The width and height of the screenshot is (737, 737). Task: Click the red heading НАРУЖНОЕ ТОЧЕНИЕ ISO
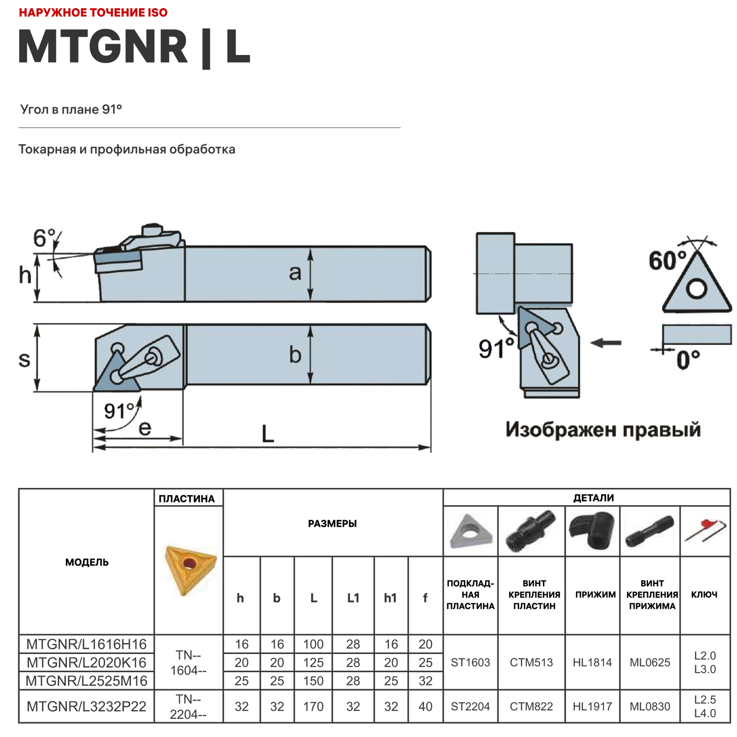click(93, 13)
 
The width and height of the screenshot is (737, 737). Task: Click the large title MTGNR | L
click(134, 47)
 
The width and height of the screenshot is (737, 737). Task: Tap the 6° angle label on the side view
click(44, 238)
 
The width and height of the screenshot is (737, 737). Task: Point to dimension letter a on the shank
click(295, 272)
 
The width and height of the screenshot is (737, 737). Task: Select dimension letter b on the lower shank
click(295, 354)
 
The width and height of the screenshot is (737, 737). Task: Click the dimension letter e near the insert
click(145, 428)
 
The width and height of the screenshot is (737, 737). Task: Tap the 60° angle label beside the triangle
click(667, 260)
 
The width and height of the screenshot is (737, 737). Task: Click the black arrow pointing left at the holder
click(606, 343)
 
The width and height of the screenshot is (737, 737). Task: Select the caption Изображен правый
click(603, 429)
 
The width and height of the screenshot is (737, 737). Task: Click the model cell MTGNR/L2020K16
click(86, 662)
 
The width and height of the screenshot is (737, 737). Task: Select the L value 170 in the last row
click(313, 707)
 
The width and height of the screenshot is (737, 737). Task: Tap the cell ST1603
click(470, 662)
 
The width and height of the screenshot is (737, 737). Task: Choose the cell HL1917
click(592, 707)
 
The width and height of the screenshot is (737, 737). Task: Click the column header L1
click(353, 598)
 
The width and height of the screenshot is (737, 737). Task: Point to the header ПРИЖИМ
click(595, 595)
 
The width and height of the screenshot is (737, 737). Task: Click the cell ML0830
click(650, 707)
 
